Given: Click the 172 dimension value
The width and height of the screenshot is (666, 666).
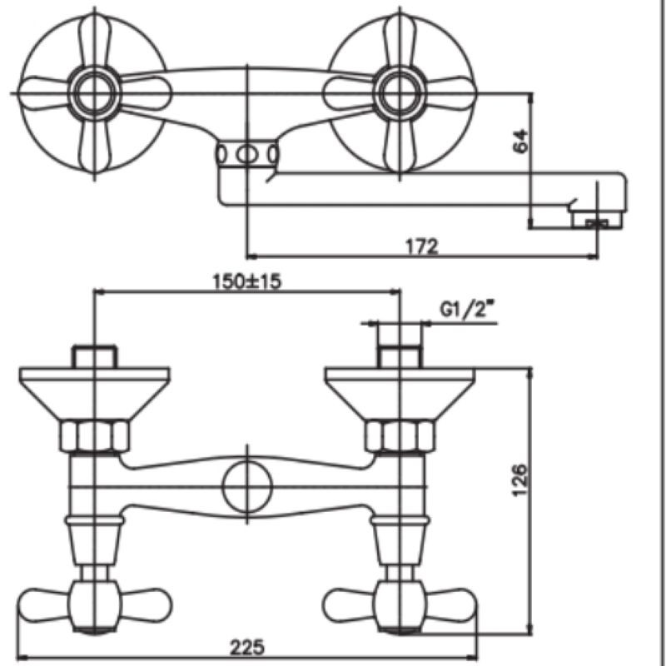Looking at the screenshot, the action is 421,246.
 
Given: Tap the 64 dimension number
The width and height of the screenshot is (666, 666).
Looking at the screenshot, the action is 521,141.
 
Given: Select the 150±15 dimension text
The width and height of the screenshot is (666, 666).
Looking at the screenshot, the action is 246,281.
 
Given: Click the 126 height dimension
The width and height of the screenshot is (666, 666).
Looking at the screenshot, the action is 521,480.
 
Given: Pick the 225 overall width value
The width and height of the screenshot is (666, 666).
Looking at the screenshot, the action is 246,648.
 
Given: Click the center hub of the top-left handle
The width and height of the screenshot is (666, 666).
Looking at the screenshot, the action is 94,93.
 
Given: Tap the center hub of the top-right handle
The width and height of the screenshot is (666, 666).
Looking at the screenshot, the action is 400,93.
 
